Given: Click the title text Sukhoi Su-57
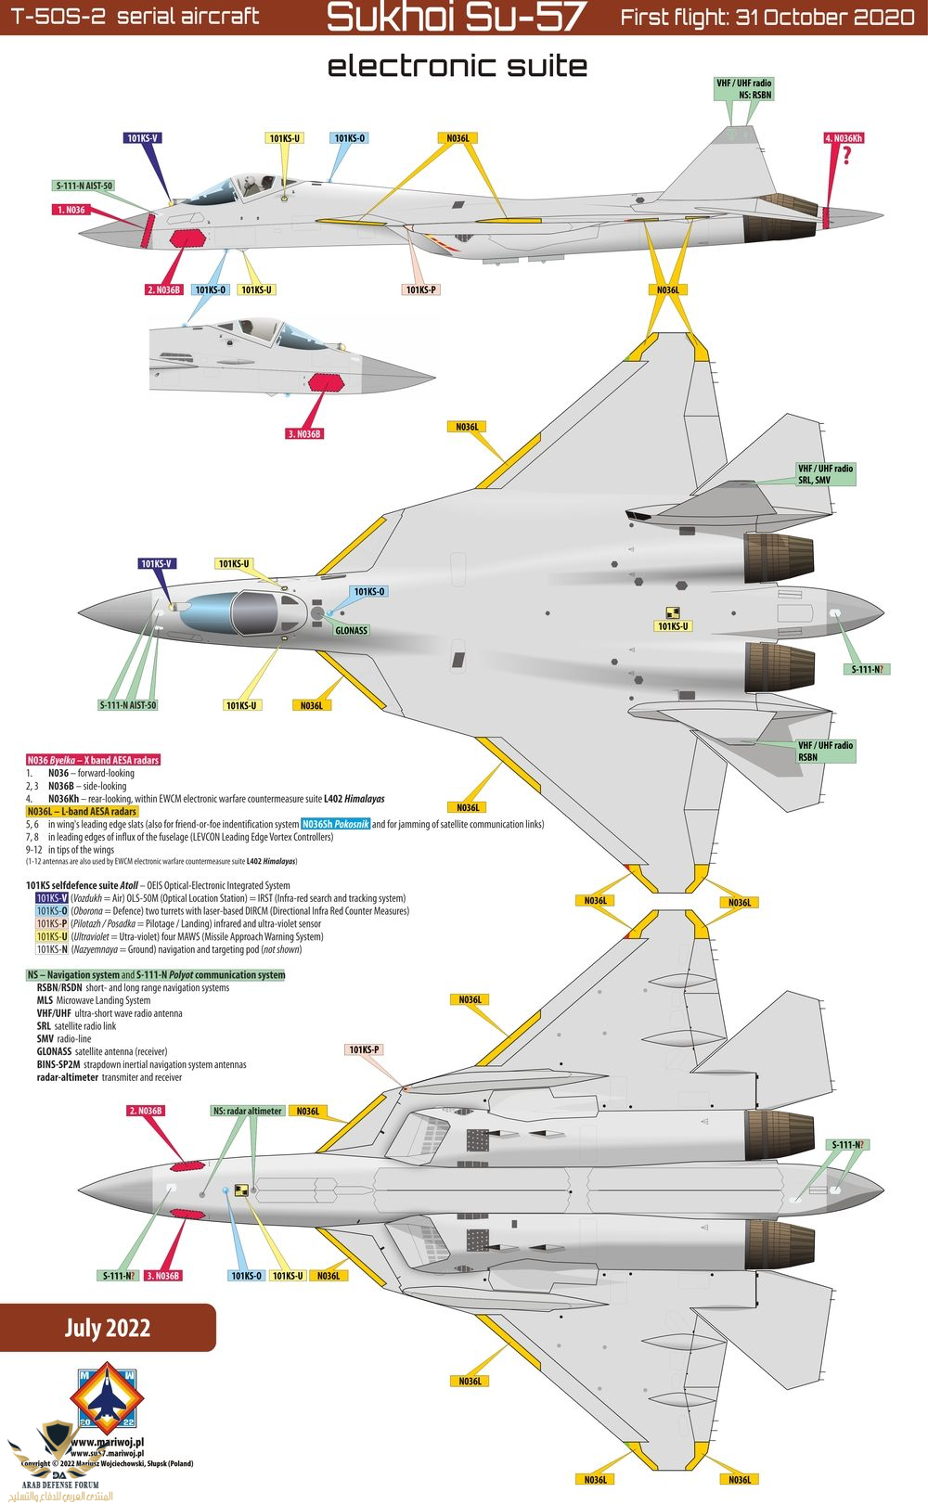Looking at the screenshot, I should pyautogui.click(x=457, y=18).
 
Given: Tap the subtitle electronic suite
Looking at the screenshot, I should pyautogui.click(x=458, y=66).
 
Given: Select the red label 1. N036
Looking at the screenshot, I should pyautogui.click(x=71, y=210).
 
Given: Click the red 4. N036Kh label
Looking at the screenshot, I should pyautogui.click(x=844, y=138).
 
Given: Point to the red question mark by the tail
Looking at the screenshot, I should pyautogui.click(x=846, y=157).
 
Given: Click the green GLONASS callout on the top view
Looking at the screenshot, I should pyautogui.click(x=351, y=631).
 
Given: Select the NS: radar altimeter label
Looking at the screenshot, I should pyautogui.click(x=247, y=1111).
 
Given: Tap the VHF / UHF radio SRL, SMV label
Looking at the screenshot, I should pyautogui.click(x=825, y=474).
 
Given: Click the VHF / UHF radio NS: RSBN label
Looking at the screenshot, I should pyautogui.click(x=743, y=89).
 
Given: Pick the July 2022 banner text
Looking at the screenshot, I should pyautogui.click(x=107, y=1328).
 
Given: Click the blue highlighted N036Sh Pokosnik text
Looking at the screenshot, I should pyautogui.click(x=336, y=824).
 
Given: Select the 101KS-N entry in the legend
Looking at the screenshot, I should pyautogui.click(x=52, y=949).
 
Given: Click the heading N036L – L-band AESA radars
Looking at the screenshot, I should pyautogui.click(x=82, y=811).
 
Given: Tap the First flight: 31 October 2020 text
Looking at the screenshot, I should pyautogui.click(x=767, y=17).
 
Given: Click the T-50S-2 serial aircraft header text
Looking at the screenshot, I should pyautogui.click(x=135, y=17).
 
